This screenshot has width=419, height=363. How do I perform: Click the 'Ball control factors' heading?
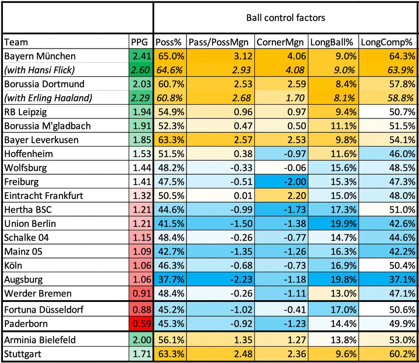pos(285,18)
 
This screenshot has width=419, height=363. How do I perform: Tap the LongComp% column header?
pos(386,42)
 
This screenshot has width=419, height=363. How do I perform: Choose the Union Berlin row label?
pos(30,224)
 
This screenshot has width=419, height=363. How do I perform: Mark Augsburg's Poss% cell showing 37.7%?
pos(169,279)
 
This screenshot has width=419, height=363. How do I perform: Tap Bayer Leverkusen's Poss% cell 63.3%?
pos(169,140)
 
